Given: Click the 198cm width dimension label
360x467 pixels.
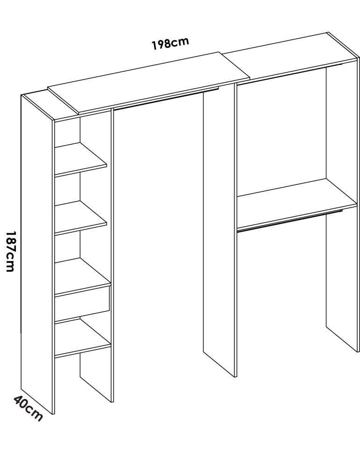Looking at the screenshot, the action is pos(170,43).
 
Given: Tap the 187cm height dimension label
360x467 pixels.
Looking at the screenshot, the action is pos(10,251).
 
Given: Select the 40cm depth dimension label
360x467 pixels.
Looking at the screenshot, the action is pos(28,408).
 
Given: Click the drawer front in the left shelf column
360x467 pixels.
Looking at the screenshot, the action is pos(82,304).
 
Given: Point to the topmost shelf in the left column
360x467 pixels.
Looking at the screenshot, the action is pos(80,159).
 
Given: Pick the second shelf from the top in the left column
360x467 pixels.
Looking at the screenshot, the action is pos(80,218).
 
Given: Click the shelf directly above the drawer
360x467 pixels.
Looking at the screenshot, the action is pos(83,276).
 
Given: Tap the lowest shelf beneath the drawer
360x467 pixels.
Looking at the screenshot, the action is pos(83,338).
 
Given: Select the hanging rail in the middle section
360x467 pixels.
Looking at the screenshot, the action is pos(166,98).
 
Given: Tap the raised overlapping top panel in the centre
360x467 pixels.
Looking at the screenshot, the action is pos(148,83).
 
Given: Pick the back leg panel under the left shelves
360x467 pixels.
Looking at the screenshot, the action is pos(96,377).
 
